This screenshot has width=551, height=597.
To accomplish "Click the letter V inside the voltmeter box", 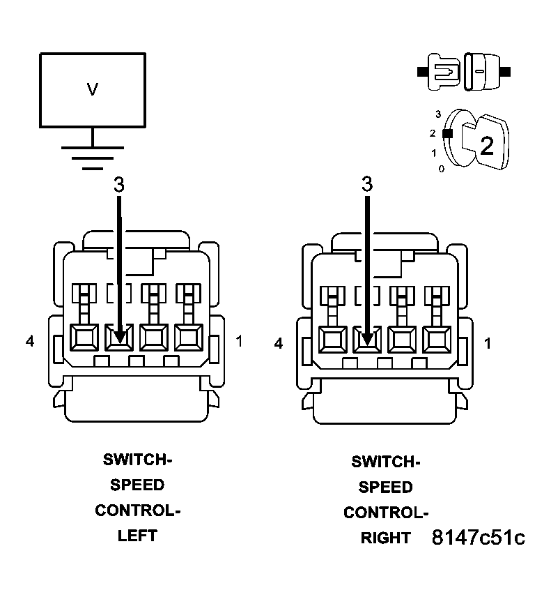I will coord(92,89).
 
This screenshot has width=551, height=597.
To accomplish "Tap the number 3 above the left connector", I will coord(119,185).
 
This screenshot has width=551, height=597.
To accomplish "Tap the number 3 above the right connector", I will coord(367,185).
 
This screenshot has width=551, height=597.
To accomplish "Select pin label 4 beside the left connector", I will coord(29,341).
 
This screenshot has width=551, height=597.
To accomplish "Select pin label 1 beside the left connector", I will coord(239,341).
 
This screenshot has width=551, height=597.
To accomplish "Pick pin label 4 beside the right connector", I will coord(279,343).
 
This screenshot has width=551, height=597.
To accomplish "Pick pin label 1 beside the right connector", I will coord(487,343).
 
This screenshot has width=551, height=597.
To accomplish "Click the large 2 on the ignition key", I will coord(486,145).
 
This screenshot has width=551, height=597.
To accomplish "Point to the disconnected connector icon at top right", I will coord(463,72).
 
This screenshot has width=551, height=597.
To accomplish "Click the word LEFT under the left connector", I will coord(137,536).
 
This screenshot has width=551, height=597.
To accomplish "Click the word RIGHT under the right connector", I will coord(386,538).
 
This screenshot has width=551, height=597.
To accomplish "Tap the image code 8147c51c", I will coord(478,538).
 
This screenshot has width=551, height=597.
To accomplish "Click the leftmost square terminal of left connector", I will coord(86,338).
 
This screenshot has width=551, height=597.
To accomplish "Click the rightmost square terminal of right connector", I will coord(437,340).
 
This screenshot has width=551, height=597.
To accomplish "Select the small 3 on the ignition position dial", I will coord(437,113).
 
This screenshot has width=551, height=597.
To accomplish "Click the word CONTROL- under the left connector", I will coord(137,510).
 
